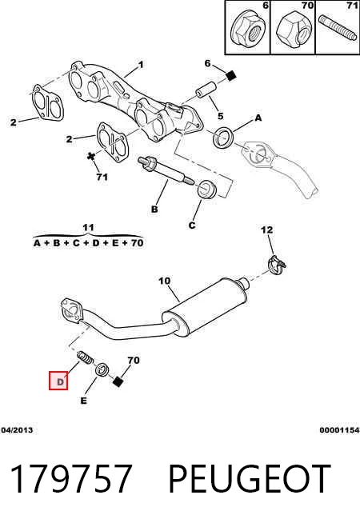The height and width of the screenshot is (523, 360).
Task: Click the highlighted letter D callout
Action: (x=58, y=381)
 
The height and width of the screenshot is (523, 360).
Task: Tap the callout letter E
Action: (x=83, y=401)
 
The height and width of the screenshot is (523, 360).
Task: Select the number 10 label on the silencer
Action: (x=164, y=281)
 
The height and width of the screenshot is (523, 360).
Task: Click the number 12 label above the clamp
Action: (x=266, y=230)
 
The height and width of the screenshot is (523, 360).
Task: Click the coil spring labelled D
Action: (x=85, y=358)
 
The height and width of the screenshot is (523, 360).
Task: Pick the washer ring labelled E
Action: (x=102, y=369)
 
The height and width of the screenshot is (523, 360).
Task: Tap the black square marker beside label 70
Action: (x=117, y=381)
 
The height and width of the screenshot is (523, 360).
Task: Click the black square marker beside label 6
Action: (x=230, y=76)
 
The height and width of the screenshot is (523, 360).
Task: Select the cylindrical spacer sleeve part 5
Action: (x=206, y=90)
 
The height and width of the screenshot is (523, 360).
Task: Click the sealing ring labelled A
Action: (x=223, y=138)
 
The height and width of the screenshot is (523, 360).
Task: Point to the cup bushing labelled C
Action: (x=207, y=189)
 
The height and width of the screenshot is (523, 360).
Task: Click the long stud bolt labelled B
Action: (x=165, y=170)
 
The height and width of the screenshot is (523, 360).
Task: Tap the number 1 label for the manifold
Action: (x=141, y=64)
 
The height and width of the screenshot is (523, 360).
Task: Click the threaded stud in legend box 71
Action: (x=338, y=28)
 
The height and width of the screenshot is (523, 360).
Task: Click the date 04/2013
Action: (x=17, y=430)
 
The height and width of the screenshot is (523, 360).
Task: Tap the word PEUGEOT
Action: (x=249, y=479)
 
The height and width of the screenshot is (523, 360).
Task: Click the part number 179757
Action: (x=70, y=479)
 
